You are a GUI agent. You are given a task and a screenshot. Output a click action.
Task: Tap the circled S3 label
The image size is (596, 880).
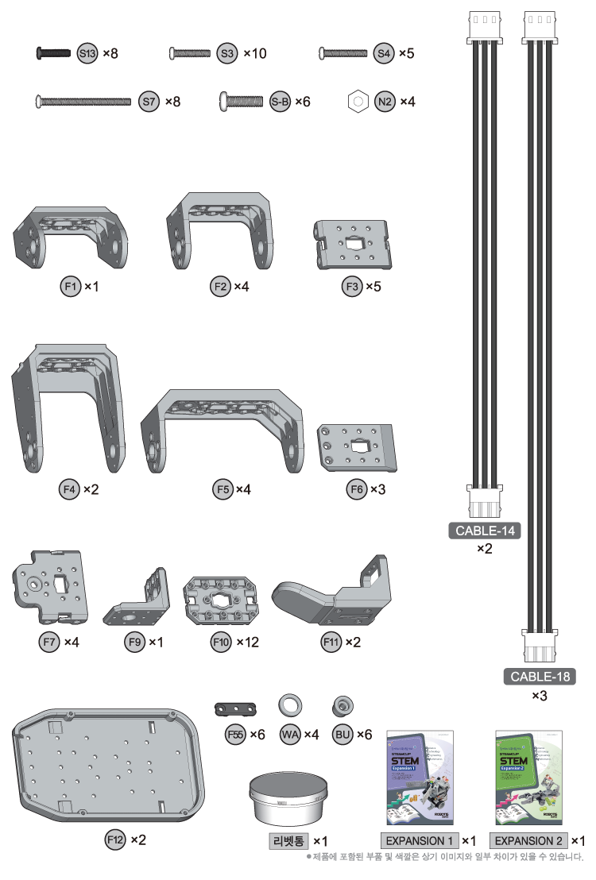click(x=227, y=54)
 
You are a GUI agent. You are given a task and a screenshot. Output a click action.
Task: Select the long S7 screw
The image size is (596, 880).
click(x=83, y=102)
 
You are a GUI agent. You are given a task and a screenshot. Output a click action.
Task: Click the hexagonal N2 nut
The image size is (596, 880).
click(x=358, y=102)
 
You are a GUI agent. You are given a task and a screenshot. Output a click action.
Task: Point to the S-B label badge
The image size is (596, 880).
click(x=280, y=102)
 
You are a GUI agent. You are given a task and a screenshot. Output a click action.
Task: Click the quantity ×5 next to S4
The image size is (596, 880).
click(x=406, y=54)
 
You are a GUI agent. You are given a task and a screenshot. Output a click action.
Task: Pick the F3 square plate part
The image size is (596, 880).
click(x=354, y=243)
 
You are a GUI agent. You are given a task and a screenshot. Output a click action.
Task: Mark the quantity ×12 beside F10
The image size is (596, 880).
click(x=248, y=641)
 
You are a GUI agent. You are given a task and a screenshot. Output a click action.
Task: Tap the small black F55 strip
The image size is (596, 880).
click(x=236, y=708)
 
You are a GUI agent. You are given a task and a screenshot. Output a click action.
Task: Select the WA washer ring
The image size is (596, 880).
click(x=289, y=704)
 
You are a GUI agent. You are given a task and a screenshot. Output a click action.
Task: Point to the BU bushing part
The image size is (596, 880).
click(x=343, y=704)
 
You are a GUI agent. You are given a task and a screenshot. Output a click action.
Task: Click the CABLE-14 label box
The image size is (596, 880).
click(x=485, y=531)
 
